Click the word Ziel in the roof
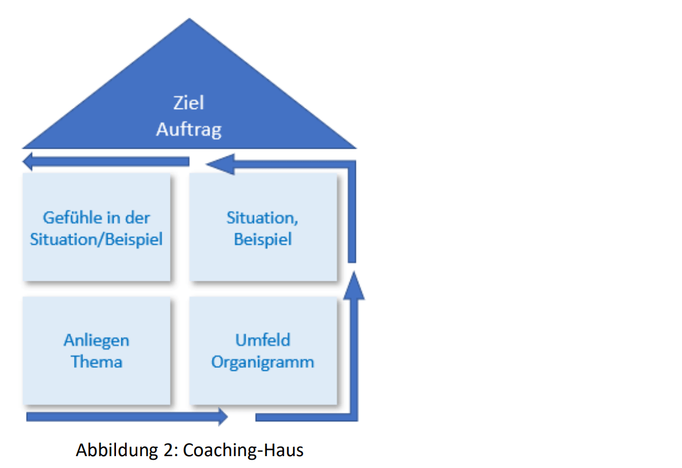[x=189, y=102]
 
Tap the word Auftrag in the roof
[x=189, y=130]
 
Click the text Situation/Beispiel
[x=96, y=239]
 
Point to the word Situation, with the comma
[x=262, y=217]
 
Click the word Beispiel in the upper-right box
[x=263, y=239]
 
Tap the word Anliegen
[x=96, y=341]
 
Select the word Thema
[x=96, y=362]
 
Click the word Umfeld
[x=263, y=340]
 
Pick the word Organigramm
[x=263, y=362]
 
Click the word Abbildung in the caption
[x=117, y=450]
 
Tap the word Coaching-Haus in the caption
[x=243, y=450]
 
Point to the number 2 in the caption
[x=168, y=450]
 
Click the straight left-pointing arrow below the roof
[x=106, y=162]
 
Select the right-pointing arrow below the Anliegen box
[x=127, y=416]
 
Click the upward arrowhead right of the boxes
[x=353, y=286]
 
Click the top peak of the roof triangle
[x=189, y=18]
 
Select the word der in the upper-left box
[x=137, y=217]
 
